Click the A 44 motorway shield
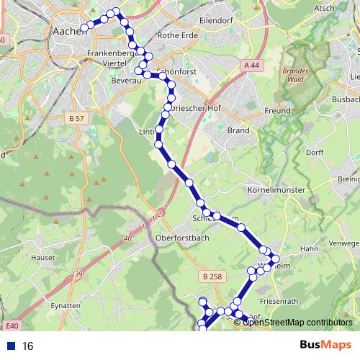pos(251,65)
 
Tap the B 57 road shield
pos(77,117)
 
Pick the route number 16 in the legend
pos(28,346)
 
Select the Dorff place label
pos(315,153)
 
